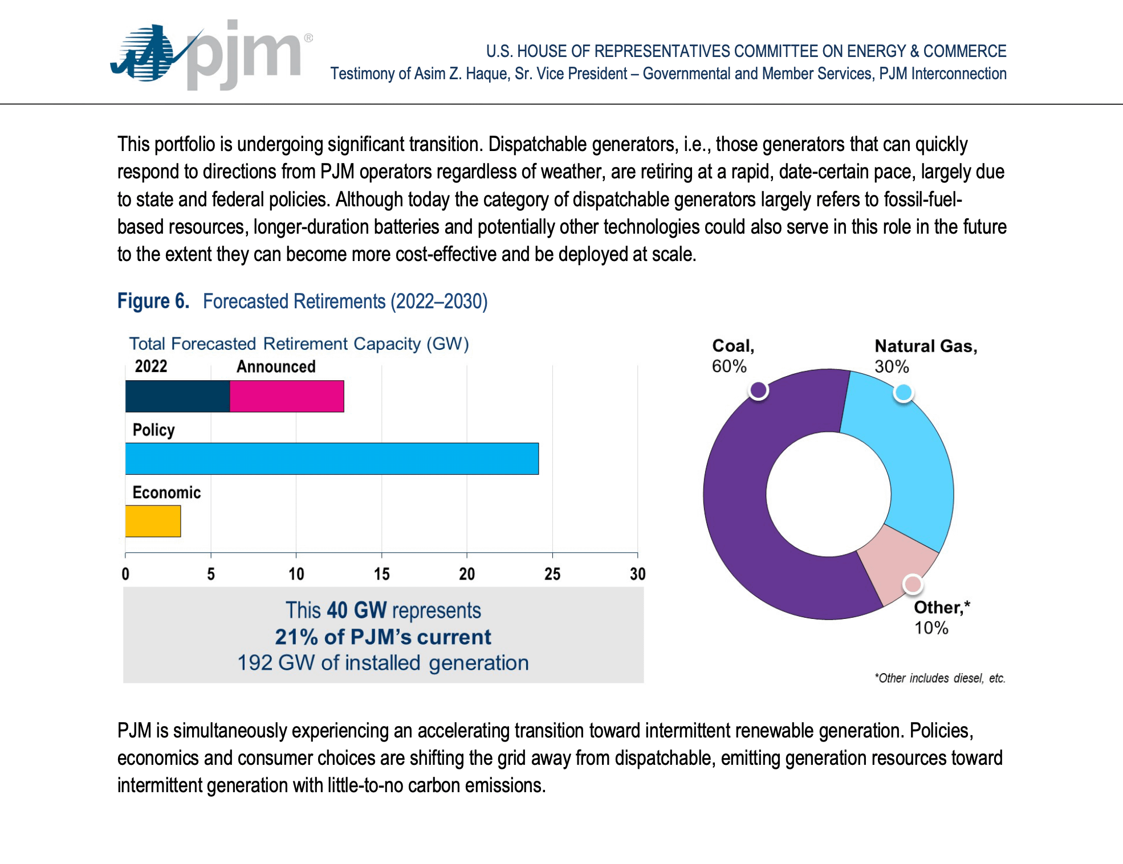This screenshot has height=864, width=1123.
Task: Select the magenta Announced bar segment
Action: click(x=287, y=396)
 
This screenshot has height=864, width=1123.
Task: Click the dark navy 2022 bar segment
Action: click(x=177, y=396)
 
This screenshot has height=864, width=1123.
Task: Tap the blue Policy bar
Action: click(x=332, y=459)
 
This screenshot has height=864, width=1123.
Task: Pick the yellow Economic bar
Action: click(x=153, y=521)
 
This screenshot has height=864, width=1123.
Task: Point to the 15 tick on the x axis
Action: click(x=381, y=574)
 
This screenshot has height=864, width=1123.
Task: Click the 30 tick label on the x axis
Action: click(x=637, y=574)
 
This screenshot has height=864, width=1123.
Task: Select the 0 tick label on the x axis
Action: click(x=125, y=574)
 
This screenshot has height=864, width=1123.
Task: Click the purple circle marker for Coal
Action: click(x=759, y=390)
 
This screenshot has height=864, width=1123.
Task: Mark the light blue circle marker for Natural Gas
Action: click(x=904, y=393)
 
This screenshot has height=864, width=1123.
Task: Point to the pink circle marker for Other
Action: click(x=913, y=584)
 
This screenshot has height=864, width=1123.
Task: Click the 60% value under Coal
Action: click(x=729, y=366)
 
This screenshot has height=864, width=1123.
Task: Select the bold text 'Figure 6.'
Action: click(x=153, y=301)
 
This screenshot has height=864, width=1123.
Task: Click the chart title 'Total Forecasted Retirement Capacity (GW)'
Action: click(x=299, y=344)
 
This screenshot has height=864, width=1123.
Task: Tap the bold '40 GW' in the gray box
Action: click(x=357, y=610)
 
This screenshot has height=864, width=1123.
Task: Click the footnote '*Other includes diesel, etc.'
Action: click(x=939, y=678)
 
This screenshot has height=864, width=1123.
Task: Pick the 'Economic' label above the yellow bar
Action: click(x=166, y=492)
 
